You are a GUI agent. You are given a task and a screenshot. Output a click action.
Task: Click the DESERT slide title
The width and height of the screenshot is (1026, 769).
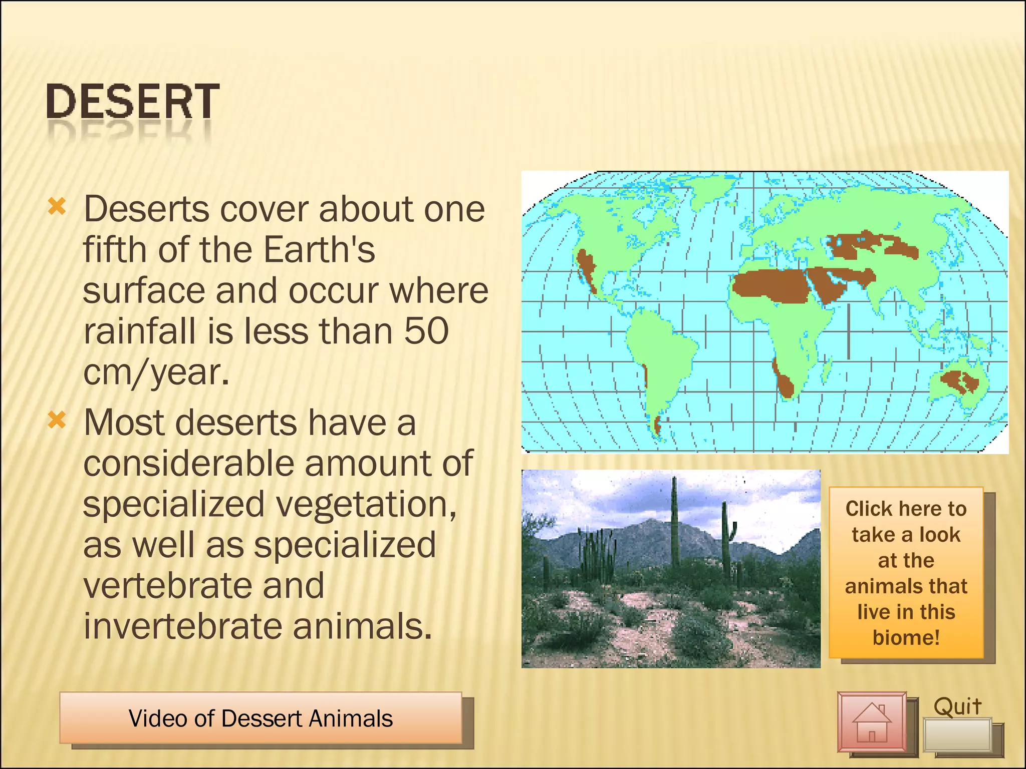coord(132,102)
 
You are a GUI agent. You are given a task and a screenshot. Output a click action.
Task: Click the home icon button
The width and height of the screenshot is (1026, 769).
coord(872,722)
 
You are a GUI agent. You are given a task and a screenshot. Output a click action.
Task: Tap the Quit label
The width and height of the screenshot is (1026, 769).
coord(957,706)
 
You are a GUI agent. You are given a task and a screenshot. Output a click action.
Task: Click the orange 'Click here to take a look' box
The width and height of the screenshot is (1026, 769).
coord(906,573)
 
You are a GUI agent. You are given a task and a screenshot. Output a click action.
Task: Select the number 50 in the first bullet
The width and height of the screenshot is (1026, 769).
coord(426,331)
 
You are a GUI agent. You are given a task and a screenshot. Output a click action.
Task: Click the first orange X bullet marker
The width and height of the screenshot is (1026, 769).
coord(57,206)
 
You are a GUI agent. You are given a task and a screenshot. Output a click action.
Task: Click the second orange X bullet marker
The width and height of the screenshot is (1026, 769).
coord(57,420)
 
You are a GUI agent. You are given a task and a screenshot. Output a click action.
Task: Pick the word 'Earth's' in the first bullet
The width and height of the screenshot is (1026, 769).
coord(319,249)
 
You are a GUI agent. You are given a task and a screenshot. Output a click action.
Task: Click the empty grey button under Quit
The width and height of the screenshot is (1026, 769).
coord(957,734)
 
